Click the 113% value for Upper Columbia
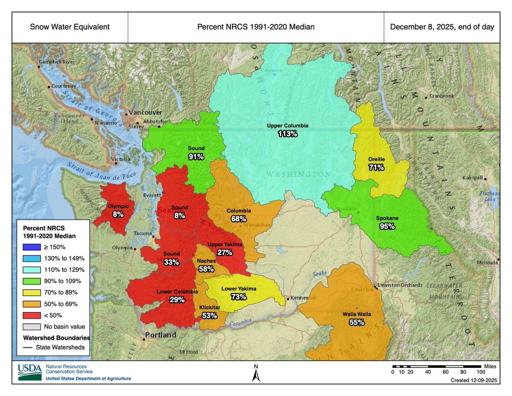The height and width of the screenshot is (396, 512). click(x=287, y=134)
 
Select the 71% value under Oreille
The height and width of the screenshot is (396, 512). click(x=377, y=168)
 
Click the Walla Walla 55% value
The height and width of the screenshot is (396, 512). click(x=357, y=323)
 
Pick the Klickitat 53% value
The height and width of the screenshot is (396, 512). click(x=209, y=316)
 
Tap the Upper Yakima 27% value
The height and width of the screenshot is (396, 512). click(x=224, y=252)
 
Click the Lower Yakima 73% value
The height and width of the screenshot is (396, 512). click(x=239, y=297)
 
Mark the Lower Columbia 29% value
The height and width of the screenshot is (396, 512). click(x=177, y=300)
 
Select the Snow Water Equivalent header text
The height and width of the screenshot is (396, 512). click(x=70, y=27)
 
